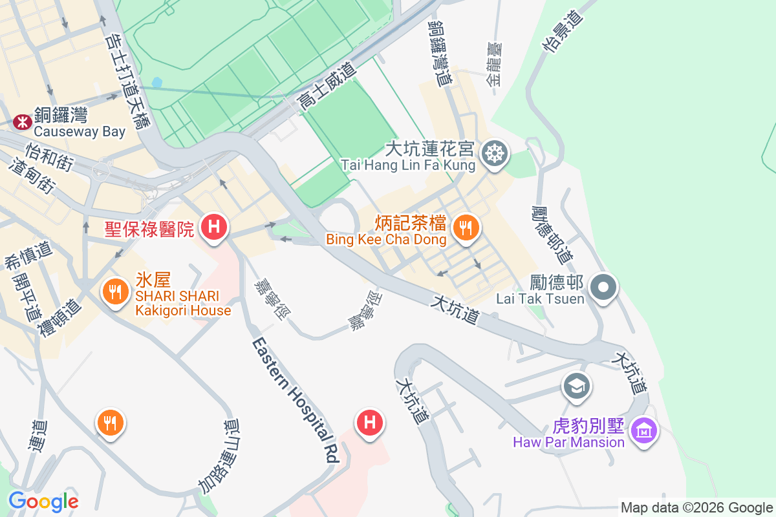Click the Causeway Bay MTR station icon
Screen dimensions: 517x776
22,121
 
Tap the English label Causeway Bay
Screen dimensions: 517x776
80,132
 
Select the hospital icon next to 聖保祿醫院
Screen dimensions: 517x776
213,227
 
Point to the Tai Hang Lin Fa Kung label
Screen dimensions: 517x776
408,165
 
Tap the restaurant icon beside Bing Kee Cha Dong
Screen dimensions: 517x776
464,227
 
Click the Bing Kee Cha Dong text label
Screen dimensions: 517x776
386,240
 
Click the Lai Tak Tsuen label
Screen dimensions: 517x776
540,299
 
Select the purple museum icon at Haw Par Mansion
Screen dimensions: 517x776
645,429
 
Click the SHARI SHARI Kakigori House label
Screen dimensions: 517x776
183,303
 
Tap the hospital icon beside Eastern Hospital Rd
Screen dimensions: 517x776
370,423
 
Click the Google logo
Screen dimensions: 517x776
43,501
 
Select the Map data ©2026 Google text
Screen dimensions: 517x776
696,507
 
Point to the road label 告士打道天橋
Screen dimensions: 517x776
127,82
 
